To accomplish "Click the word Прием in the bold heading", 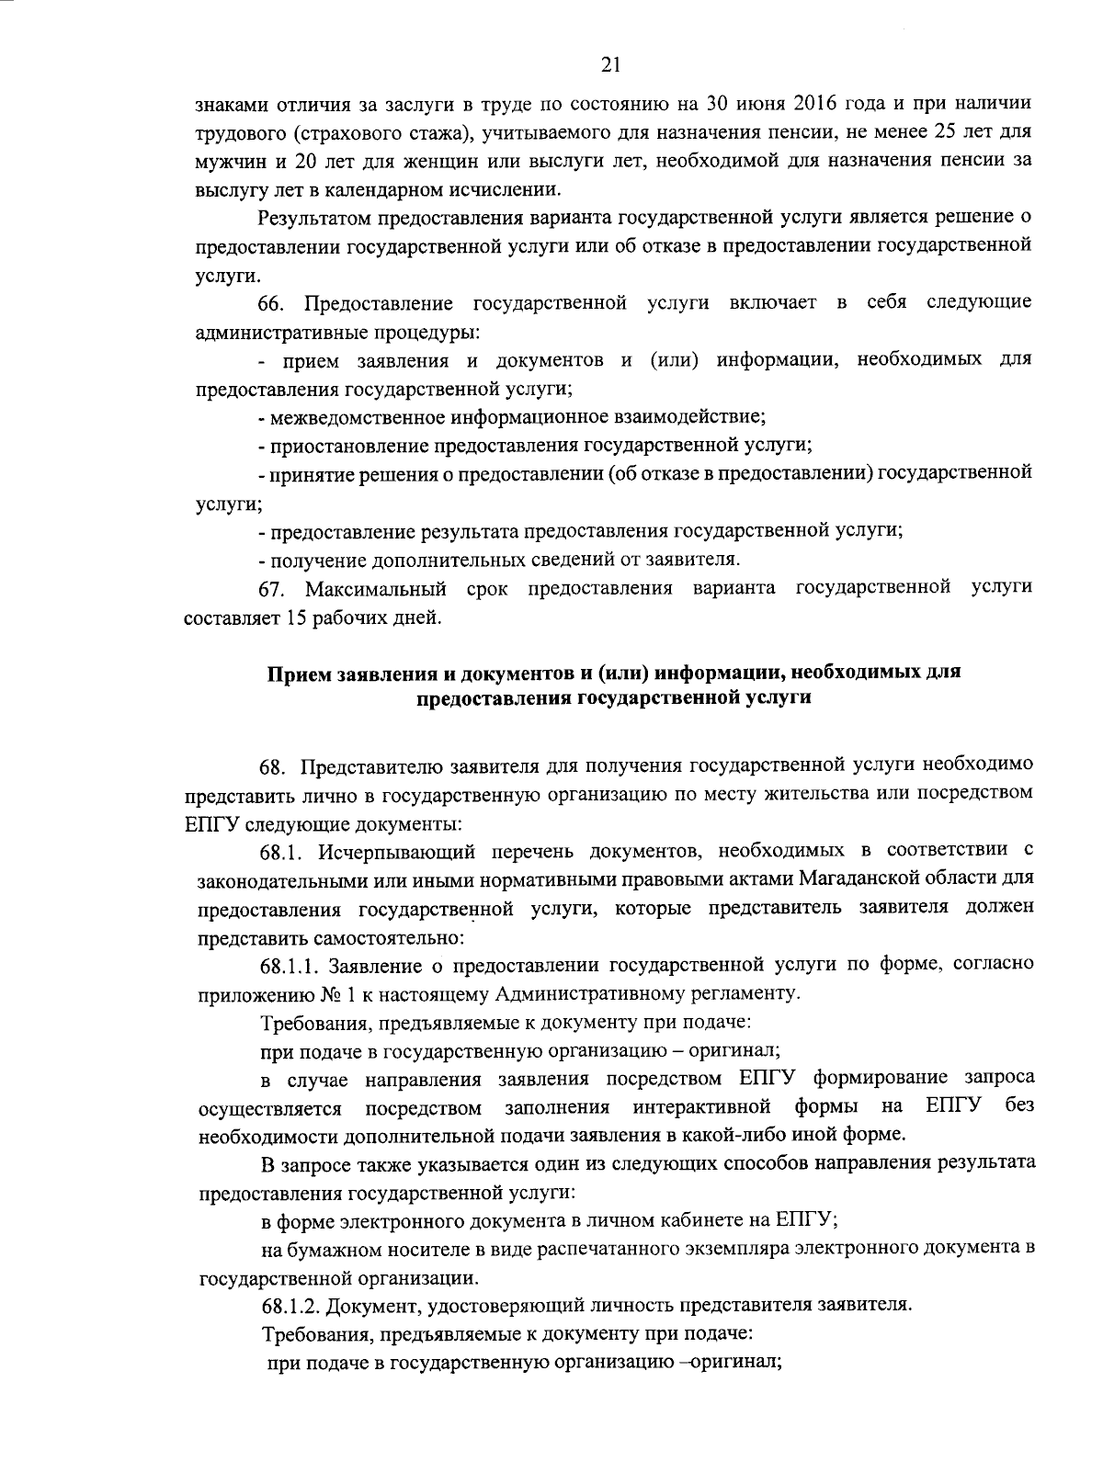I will pyautogui.click(x=296, y=674).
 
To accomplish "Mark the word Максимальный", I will pyautogui.click(x=376, y=588).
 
